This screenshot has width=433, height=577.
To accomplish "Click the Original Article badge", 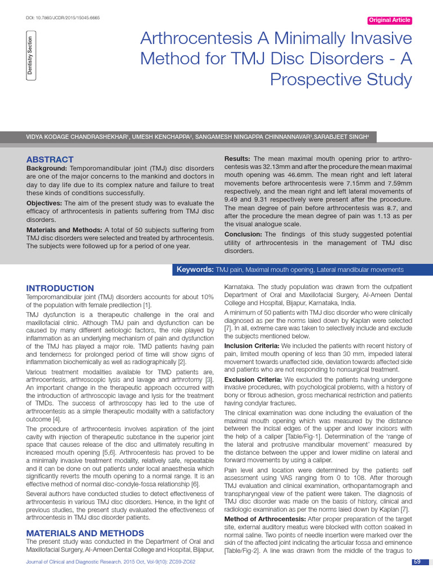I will pyautogui.click(x=389, y=20).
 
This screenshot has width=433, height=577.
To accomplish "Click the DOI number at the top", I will pyautogui.click(x=63, y=18).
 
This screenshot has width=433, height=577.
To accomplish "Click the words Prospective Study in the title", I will pyautogui.click(x=341, y=79).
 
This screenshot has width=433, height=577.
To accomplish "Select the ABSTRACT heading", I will pyautogui.click(x=50, y=159).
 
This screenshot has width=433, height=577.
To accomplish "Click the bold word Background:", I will pyautogui.click(x=47, y=168).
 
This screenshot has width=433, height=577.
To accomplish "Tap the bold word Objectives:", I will pyautogui.click(x=45, y=203).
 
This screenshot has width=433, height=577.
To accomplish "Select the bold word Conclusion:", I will pyautogui.click(x=243, y=234).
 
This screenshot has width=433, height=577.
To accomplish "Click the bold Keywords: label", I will pyautogui.click(x=195, y=270).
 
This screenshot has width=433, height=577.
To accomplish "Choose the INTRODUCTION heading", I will pyautogui.click(x=60, y=288).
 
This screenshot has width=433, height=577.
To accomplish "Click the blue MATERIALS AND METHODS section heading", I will pyautogui.click(x=85, y=533).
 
